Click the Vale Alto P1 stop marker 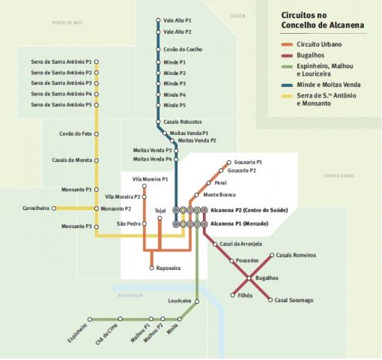click(158, 20)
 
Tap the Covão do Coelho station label click(183, 49)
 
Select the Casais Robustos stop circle click(158, 121)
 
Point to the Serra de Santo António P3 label click(61, 83)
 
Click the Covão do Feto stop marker click(97, 134)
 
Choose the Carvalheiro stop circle click(54, 208)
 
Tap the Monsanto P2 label click(115, 208)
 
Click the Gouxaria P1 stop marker click(229, 163)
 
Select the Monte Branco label click(219, 195)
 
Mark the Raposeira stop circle click(151, 268)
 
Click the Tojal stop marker click(160, 218)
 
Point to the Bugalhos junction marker click(249, 278)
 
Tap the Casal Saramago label click(294, 300)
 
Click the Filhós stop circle click(233, 295)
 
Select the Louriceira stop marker click(197, 301)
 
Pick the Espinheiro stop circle click(90, 319)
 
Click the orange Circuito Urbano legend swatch click(287, 45)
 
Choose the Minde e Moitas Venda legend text click(329, 85)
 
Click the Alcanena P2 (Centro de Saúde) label click(249, 210)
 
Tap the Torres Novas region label click(339, 175)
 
